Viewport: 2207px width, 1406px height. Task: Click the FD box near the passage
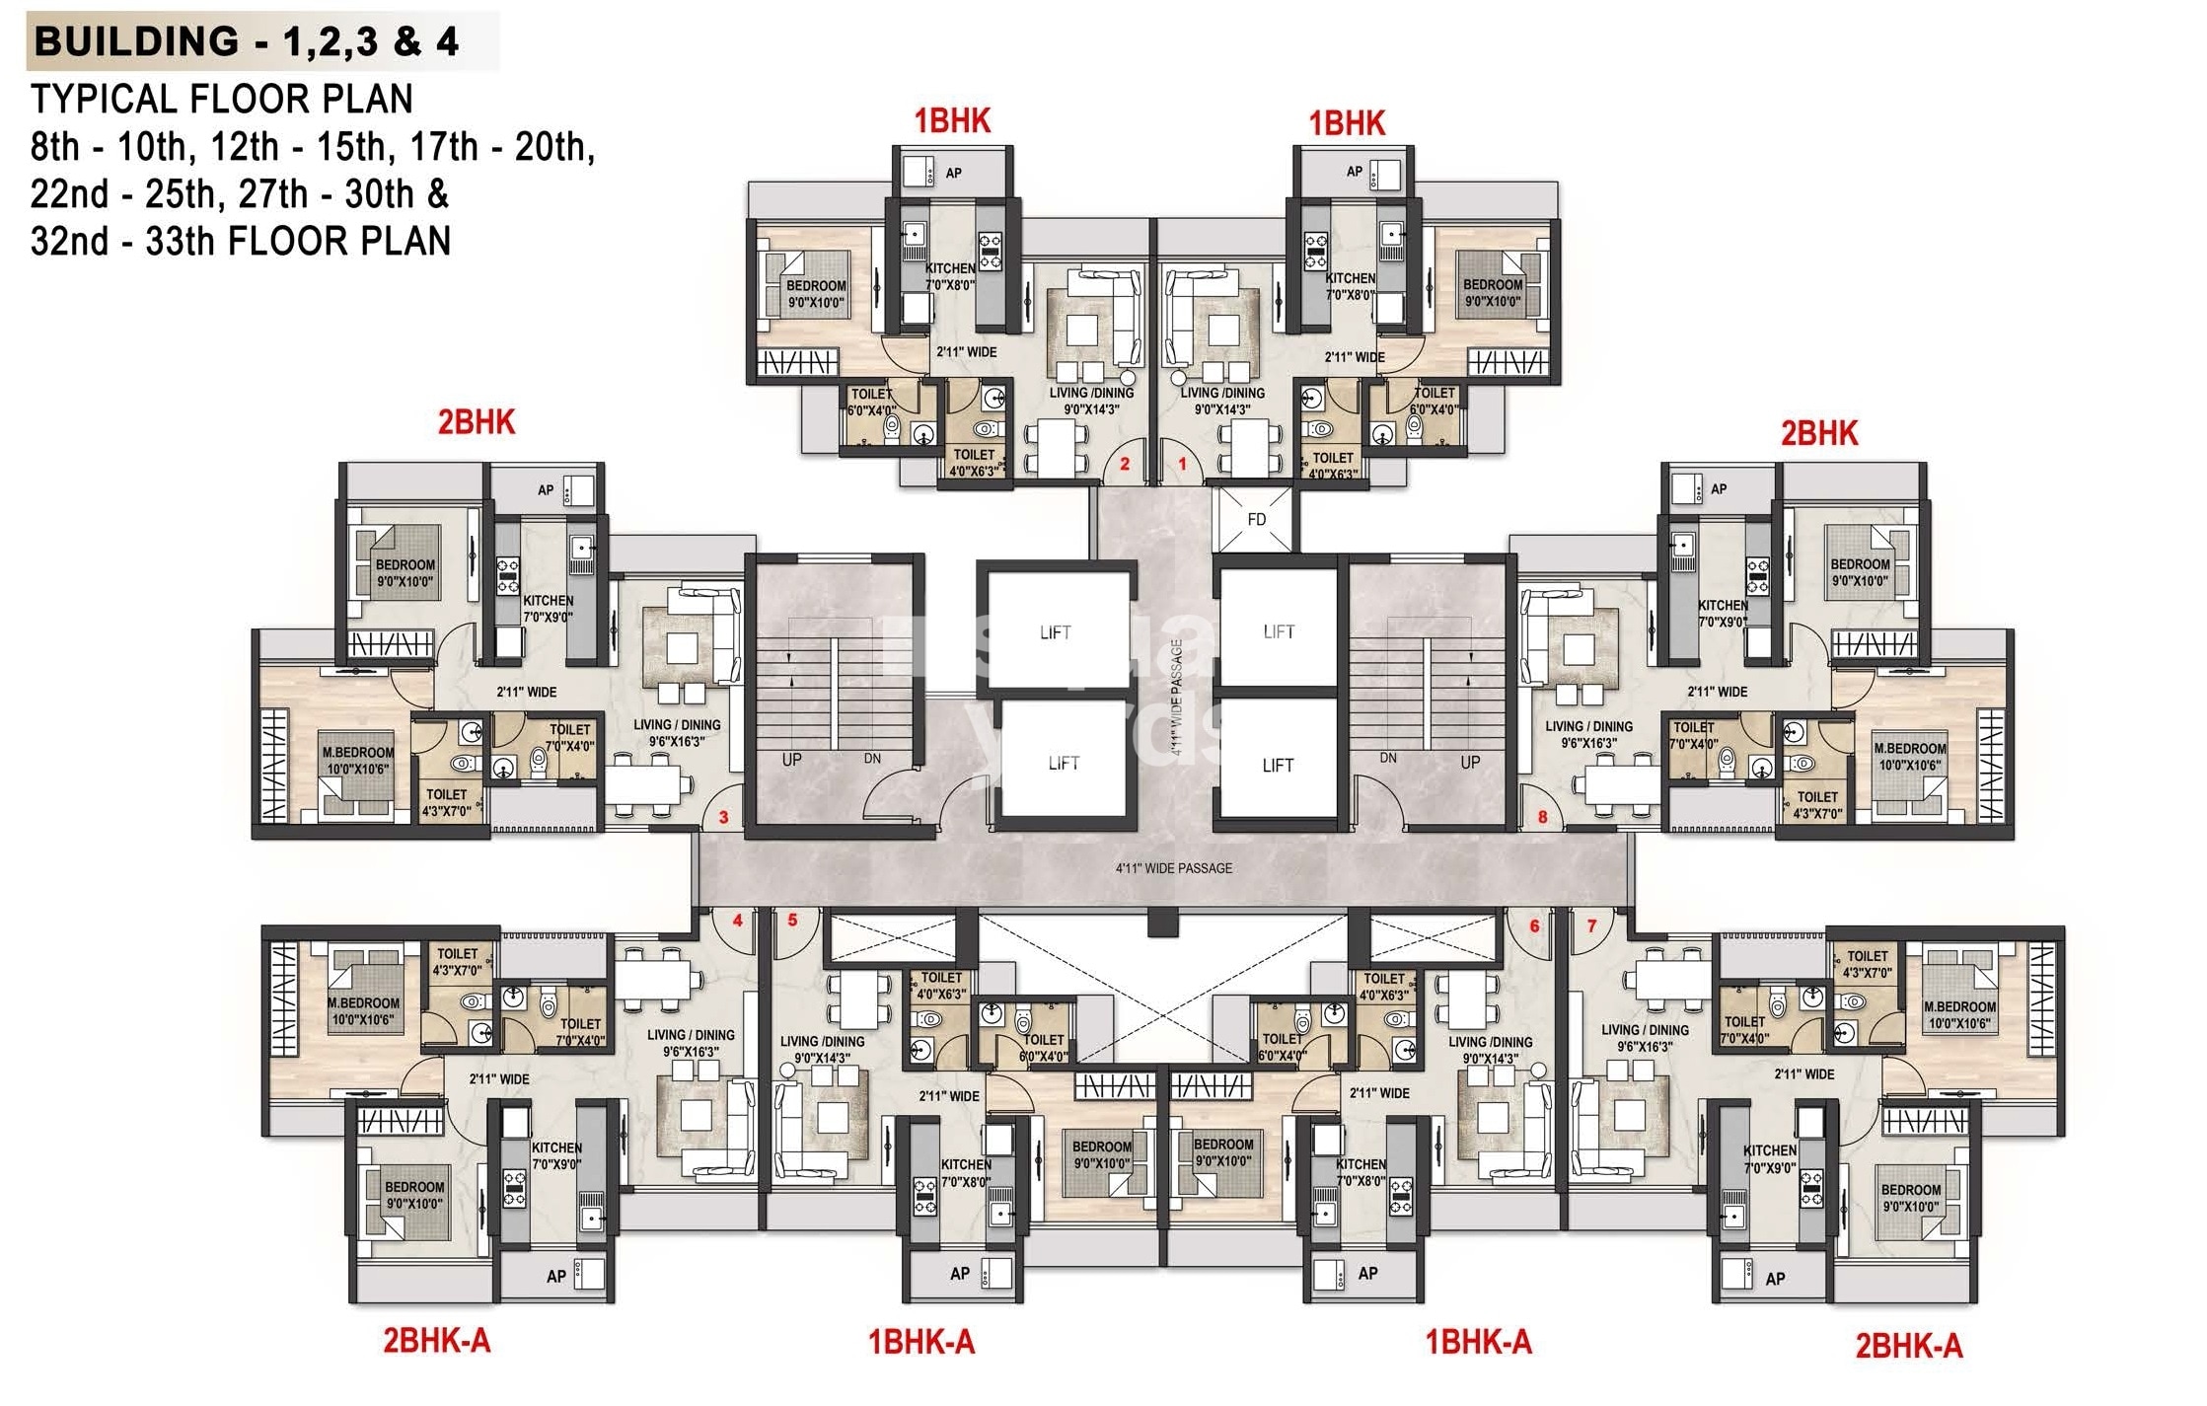(x=1256, y=519)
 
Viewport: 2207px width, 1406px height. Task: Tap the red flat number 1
(x=1182, y=463)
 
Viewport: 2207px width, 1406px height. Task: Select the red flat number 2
(x=1125, y=463)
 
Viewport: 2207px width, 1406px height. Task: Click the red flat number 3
(x=723, y=817)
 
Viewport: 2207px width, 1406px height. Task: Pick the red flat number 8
(x=1542, y=817)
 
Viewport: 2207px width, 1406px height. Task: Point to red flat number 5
(x=792, y=920)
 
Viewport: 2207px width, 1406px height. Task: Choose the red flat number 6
(x=1534, y=925)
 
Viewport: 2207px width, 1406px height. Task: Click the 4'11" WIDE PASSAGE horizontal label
(x=1173, y=868)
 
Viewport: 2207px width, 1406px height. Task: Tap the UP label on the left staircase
(x=791, y=760)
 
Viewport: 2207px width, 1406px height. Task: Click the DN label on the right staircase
(x=1388, y=758)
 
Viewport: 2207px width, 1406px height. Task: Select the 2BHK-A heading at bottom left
(x=436, y=1340)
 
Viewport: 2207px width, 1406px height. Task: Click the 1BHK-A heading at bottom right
(x=1477, y=1341)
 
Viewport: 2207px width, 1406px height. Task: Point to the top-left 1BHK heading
(x=951, y=121)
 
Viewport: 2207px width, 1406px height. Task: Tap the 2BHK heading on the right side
(x=1818, y=433)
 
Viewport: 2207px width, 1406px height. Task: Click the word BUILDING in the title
(x=136, y=41)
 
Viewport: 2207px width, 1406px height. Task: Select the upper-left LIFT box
(x=1055, y=632)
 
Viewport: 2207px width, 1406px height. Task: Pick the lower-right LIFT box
(x=1277, y=765)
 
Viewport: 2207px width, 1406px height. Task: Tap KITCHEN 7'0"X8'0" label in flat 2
(x=949, y=276)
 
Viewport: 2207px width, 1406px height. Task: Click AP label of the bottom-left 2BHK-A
(x=555, y=1276)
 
